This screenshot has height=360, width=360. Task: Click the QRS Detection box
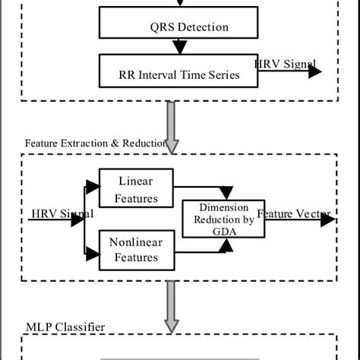(x=178, y=27)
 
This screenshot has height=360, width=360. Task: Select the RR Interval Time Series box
(x=178, y=74)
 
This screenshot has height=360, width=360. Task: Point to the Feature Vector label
(x=291, y=214)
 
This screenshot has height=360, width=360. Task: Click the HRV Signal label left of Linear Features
(x=61, y=213)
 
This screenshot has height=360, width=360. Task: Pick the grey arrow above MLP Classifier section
(x=172, y=315)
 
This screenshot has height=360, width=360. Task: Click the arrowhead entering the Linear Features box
(x=93, y=184)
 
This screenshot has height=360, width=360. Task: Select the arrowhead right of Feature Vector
(x=328, y=219)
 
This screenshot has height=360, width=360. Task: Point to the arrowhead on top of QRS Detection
(x=179, y=8)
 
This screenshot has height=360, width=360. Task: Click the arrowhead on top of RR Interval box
(x=179, y=49)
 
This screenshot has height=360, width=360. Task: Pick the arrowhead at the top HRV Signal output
(x=314, y=71)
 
